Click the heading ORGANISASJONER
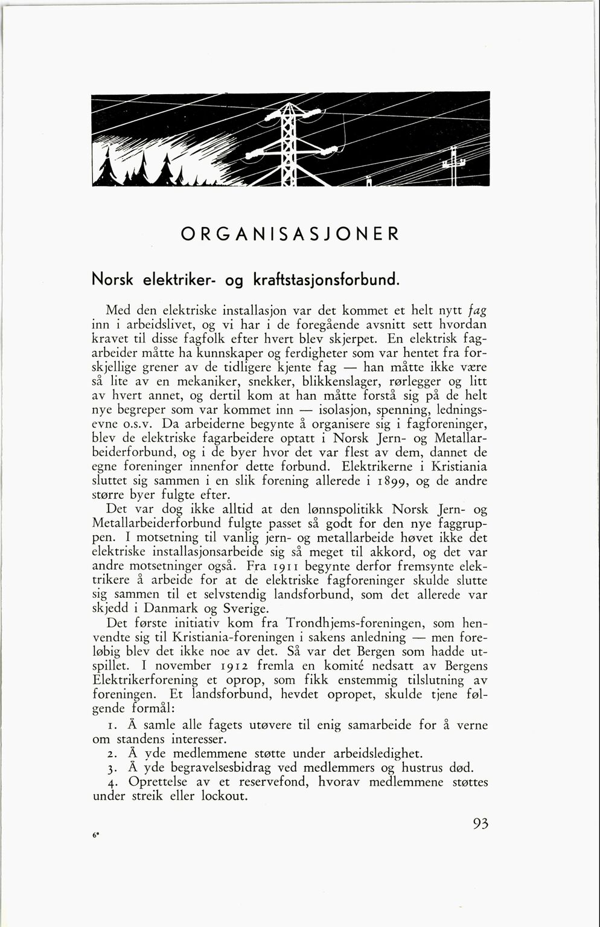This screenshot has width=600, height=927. [290, 234]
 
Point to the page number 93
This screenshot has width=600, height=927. [480, 824]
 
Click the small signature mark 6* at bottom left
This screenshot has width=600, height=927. [95, 835]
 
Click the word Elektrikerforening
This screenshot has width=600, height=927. [141, 680]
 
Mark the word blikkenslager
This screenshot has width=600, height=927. [304, 382]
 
